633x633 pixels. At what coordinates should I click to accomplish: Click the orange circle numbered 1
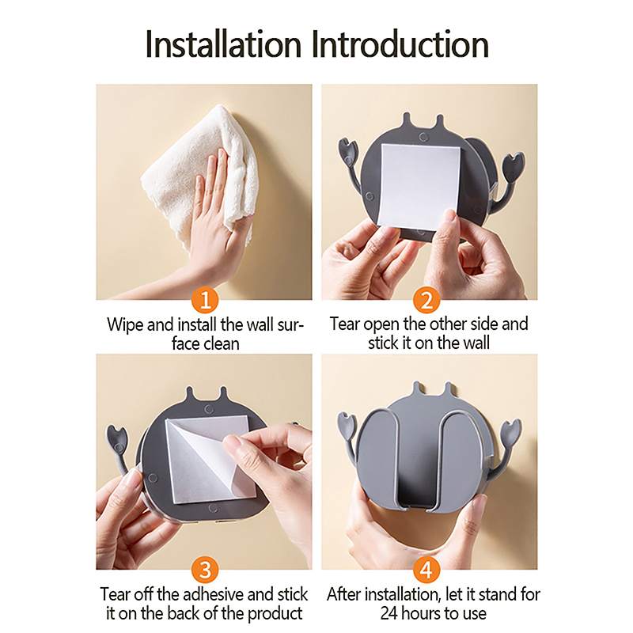pyautogui.click(x=205, y=300)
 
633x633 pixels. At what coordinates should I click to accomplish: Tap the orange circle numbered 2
pyautogui.click(x=426, y=300)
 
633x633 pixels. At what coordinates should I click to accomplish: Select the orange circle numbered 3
pyautogui.click(x=205, y=570)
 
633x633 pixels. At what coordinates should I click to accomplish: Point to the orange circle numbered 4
pyautogui.click(x=426, y=570)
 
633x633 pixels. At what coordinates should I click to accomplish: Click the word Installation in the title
pyautogui.click(x=223, y=44)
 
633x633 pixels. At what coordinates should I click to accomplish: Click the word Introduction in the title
pyautogui.click(x=400, y=44)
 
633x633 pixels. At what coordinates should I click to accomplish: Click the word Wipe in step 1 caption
pyautogui.click(x=125, y=325)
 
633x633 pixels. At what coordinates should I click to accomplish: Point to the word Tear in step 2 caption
pyautogui.click(x=344, y=324)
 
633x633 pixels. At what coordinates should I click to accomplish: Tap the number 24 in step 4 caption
pyautogui.click(x=389, y=613)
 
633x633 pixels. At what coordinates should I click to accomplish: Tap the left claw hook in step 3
pyautogui.click(x=118, y=448)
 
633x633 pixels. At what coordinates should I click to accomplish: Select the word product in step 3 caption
pyautogui.click(x=275, y=614)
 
